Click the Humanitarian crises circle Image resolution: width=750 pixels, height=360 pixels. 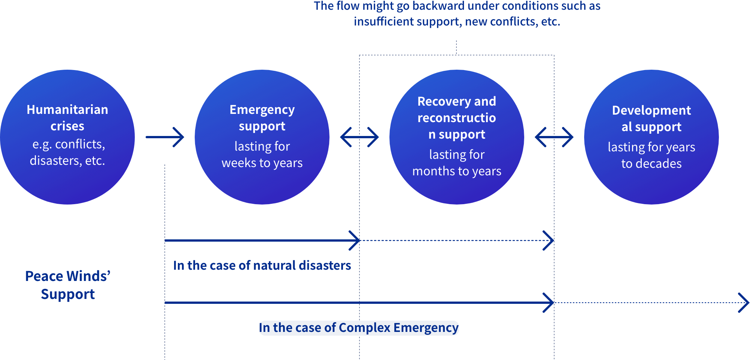pyautogui.click(x=67, y=137)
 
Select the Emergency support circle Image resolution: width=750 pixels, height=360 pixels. pyautogui.click(x=262, y=137)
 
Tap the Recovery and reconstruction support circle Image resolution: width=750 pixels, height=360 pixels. pyautogui.click(x=457, y=137)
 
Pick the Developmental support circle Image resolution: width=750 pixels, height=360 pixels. pyautogui.click(x=652, y=137)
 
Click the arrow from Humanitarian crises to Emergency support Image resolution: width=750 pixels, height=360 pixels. pyautogui.click(x=165, y=137)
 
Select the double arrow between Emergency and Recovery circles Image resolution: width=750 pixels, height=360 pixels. pyautogui.click(x=359, y=137)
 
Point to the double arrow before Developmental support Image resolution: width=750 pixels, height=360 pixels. pyautogui.click(x=554, y=137)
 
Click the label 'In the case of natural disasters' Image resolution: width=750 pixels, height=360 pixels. pyautogui.click(x=262, y=265)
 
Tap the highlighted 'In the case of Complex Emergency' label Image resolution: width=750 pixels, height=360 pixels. pyautogui.click(x=359, y=328)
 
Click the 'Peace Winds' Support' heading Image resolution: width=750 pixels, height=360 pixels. pyautogui.click(x=68, y=285)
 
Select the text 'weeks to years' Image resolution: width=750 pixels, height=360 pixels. pyautogui.click(x=262, y=163)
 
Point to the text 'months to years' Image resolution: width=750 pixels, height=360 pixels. pyautogui.click(x=457, y=171)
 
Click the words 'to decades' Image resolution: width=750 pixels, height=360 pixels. pyautogui.click(x=652, y=164)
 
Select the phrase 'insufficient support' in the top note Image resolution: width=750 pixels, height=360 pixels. pyautogui.click(x=406, y=22)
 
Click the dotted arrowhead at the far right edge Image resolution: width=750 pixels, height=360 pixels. pyautogui.click(x=744, y=303)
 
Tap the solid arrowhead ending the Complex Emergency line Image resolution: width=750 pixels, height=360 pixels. pyautogui.click(x=549, y=303)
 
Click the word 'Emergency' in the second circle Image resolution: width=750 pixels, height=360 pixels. pyautogui.click(x=262, y=110)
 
